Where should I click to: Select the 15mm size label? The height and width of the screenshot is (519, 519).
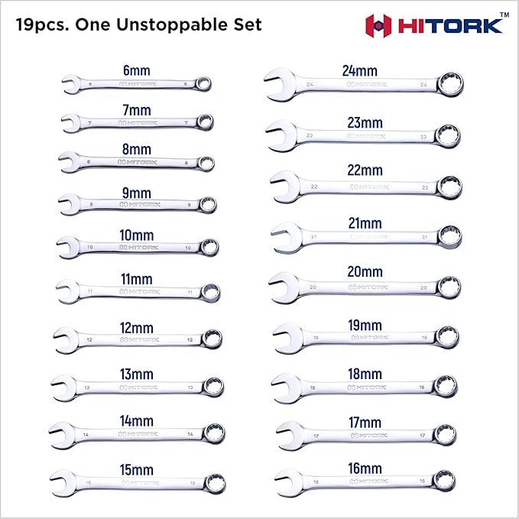pos(138,469)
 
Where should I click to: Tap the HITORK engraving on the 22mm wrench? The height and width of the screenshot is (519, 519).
pos(368,186)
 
